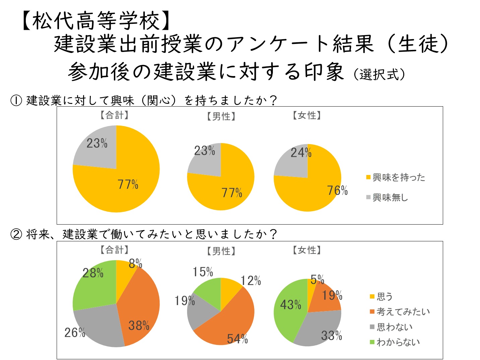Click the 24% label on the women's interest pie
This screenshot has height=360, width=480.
point(301,153)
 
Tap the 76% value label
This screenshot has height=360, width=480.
point(337,190)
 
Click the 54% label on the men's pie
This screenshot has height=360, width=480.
point(237,339)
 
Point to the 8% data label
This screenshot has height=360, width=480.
point(135,264)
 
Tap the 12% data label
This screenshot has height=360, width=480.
point(251,281)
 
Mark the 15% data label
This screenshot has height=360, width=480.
point(203,272)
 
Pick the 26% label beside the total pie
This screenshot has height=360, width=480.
point(74,333)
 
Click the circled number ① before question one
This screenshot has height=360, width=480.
point(16,100)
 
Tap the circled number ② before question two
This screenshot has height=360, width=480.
point(16,234)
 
